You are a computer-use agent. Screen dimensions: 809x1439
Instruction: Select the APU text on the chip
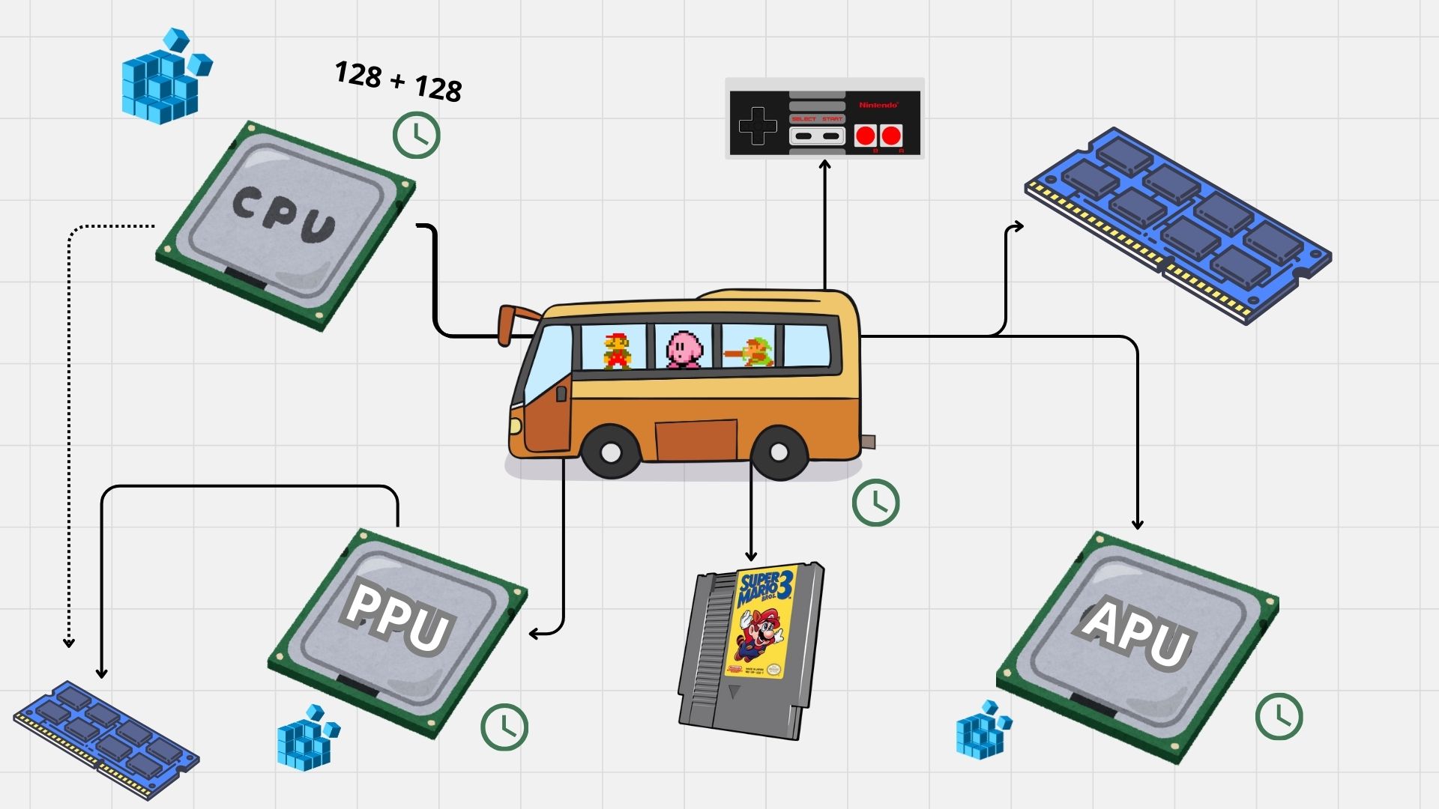(1135, 634)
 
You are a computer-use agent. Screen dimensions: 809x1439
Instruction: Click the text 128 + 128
(398, 82)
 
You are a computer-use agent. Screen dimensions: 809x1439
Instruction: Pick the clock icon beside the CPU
(417, 135)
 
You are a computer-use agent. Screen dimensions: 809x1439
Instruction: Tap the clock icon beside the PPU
(504, 727)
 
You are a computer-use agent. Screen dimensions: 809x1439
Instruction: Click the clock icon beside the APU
(1279, 716)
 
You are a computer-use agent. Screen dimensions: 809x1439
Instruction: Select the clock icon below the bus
(875, 502)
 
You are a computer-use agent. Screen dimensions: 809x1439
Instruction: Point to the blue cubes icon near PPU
(308, 737)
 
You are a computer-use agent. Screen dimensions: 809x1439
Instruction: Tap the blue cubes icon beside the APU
(983, 730)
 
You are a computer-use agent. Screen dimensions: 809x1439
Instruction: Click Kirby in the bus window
(685, 349)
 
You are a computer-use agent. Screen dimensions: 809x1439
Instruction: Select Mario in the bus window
(618, 351)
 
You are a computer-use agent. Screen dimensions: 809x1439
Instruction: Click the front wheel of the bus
(611, 452)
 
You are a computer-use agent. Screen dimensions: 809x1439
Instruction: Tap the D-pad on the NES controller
(758, 126)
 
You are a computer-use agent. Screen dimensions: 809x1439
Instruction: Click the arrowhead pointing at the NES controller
(825, 164)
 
